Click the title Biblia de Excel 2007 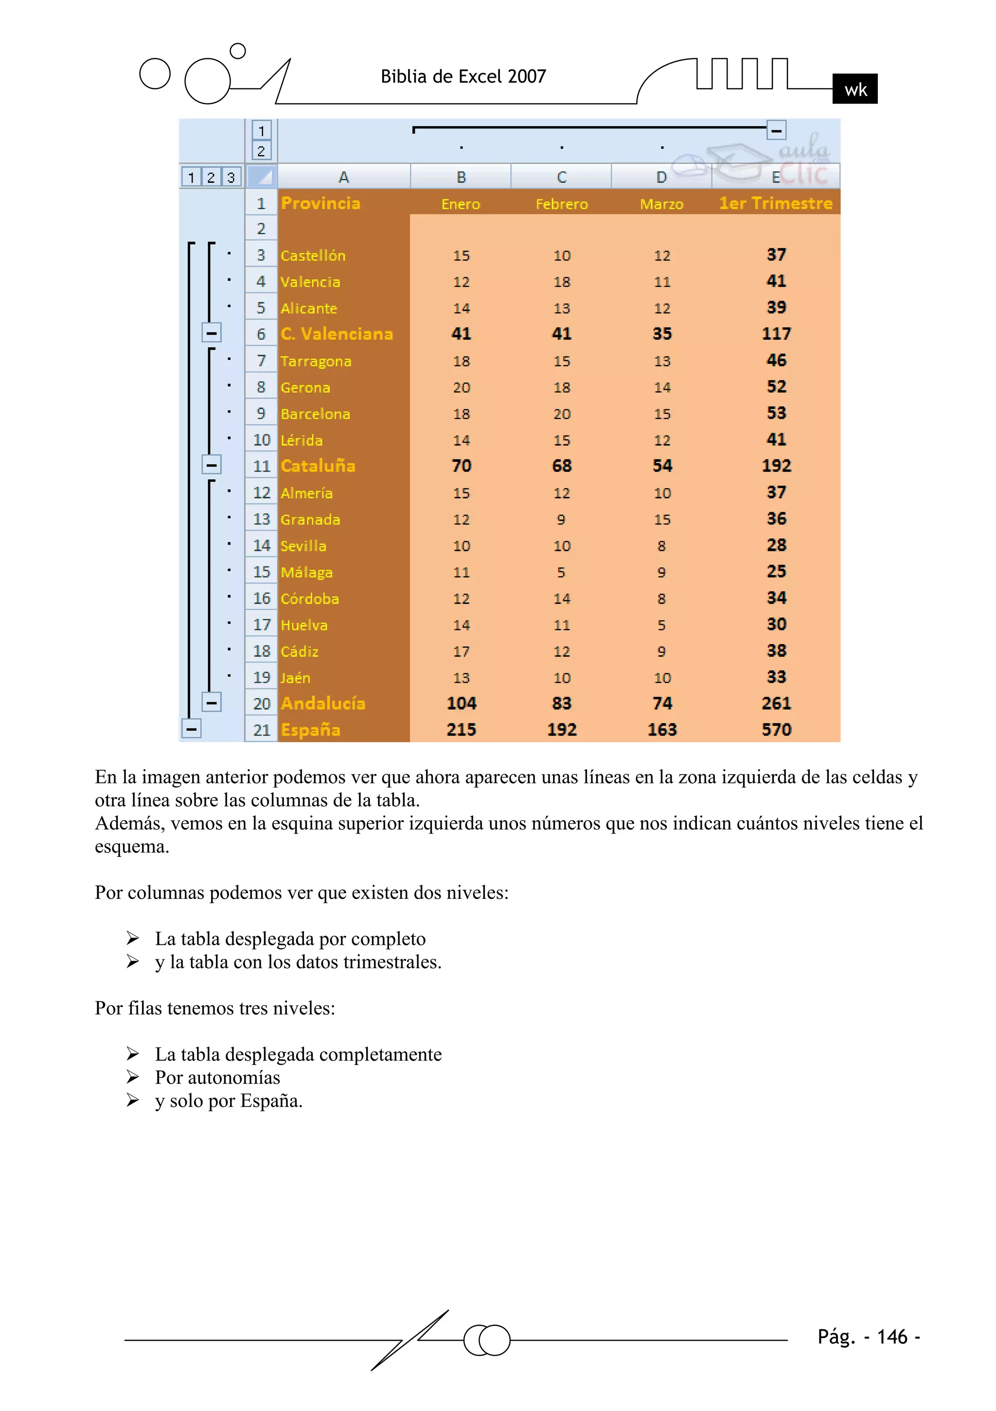[463, 76]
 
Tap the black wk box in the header [854, 89]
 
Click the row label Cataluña [318, 466]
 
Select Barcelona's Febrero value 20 [562, 414]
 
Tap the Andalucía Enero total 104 [461, 703]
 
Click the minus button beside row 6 [212, 333]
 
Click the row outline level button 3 [231, 178]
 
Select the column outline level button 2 [261, 150]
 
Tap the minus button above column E [776, 130]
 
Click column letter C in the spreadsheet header [562, 177]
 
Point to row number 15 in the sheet [262, 572]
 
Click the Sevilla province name [303, 546]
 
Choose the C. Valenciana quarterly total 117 [776, 334]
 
